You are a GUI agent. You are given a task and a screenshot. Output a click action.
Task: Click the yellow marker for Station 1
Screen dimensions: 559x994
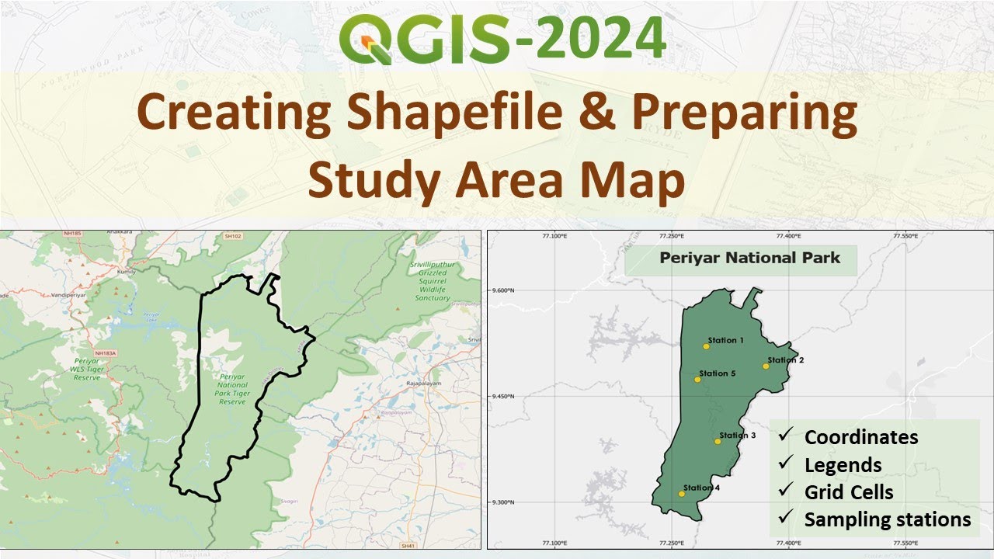(706, 346)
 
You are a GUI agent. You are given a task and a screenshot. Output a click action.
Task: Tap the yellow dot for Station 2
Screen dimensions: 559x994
(766, 366)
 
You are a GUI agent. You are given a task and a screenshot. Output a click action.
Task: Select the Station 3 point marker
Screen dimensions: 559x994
(718, 441)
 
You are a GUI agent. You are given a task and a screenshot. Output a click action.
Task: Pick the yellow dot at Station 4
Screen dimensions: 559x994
(682, 493)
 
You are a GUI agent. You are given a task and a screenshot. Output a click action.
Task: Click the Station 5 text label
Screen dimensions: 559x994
(717, 373)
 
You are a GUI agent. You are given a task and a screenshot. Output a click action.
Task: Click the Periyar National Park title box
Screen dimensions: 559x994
(741, 259)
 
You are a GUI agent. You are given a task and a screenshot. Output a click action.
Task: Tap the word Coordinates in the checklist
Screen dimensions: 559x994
(861, 437)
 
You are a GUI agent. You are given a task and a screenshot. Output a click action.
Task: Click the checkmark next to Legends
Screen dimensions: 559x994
(786, 464)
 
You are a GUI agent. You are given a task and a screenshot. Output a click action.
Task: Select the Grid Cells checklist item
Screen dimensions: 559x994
(849, 492)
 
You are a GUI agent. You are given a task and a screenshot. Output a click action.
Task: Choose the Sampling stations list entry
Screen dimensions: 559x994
(888, 519)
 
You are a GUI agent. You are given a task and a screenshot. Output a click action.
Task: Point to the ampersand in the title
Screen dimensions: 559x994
(595, 113)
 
